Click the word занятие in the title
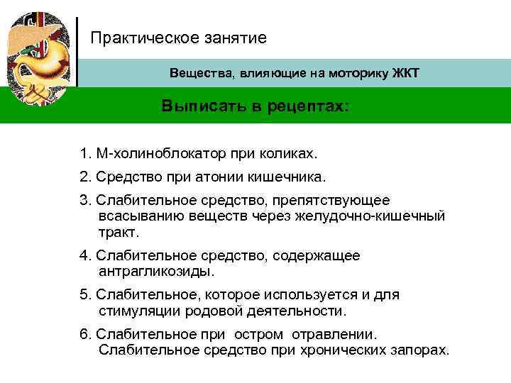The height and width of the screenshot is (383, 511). tap(236, 37)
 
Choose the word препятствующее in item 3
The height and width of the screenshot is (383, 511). tap(334, 201)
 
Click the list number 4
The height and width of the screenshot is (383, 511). tap(84, 255)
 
